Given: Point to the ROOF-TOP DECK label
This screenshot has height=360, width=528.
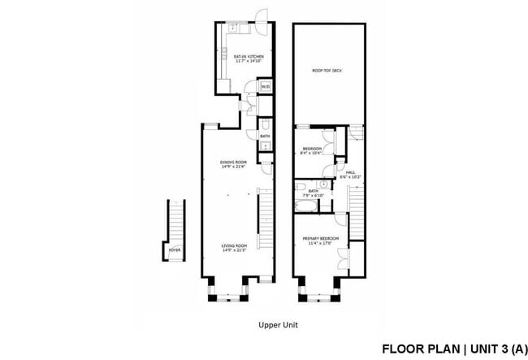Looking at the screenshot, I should [x=327, y=71].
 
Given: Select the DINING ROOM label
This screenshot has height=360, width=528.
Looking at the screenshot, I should [x=232, y=162].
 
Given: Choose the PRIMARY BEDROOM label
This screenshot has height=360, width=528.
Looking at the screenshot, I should [x=320, y=238].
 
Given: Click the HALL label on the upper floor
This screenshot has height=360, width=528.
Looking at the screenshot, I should [x=350, y=172].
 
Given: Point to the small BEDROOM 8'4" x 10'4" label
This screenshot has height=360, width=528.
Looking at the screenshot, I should [x=313, y=149].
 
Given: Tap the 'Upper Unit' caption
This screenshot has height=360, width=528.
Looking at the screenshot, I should [x=279, y=323].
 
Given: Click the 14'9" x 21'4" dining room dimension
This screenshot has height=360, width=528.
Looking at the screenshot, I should [x=232, y=167].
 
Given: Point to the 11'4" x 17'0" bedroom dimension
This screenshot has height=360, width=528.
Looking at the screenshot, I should [x=320, y=243].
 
